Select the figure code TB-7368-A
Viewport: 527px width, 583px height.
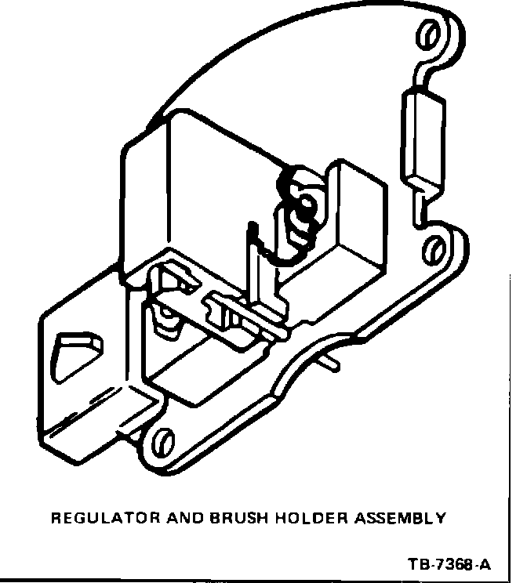450,564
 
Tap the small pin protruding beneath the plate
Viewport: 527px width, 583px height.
333,364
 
